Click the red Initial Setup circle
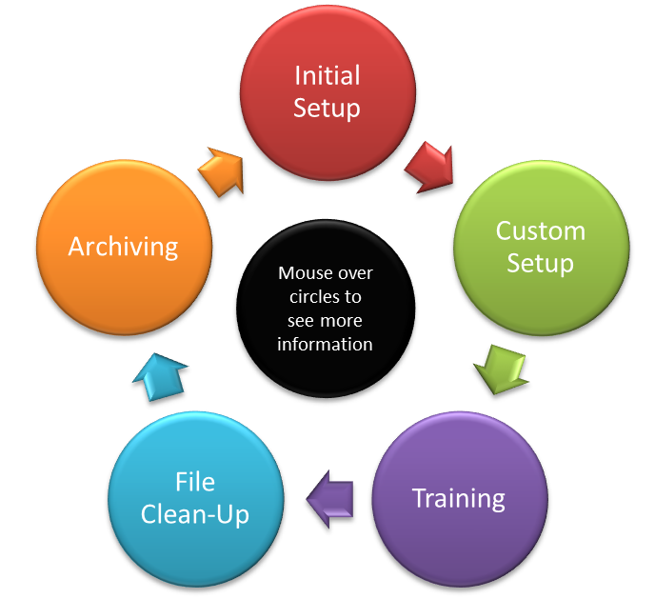(x=327, y=91)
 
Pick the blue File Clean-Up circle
(x=196, y=500)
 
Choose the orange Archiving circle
(x=123, y=247)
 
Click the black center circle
(x=326, y=308)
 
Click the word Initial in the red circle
(x=327, y=75)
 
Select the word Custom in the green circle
(x=540, y=230)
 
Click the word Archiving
(x=123, y=247)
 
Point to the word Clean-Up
(x=195, y=515)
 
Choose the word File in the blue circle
(x=196, y=483)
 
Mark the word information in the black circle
(x=326, y=344)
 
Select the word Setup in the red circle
(x=327, y=108)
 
